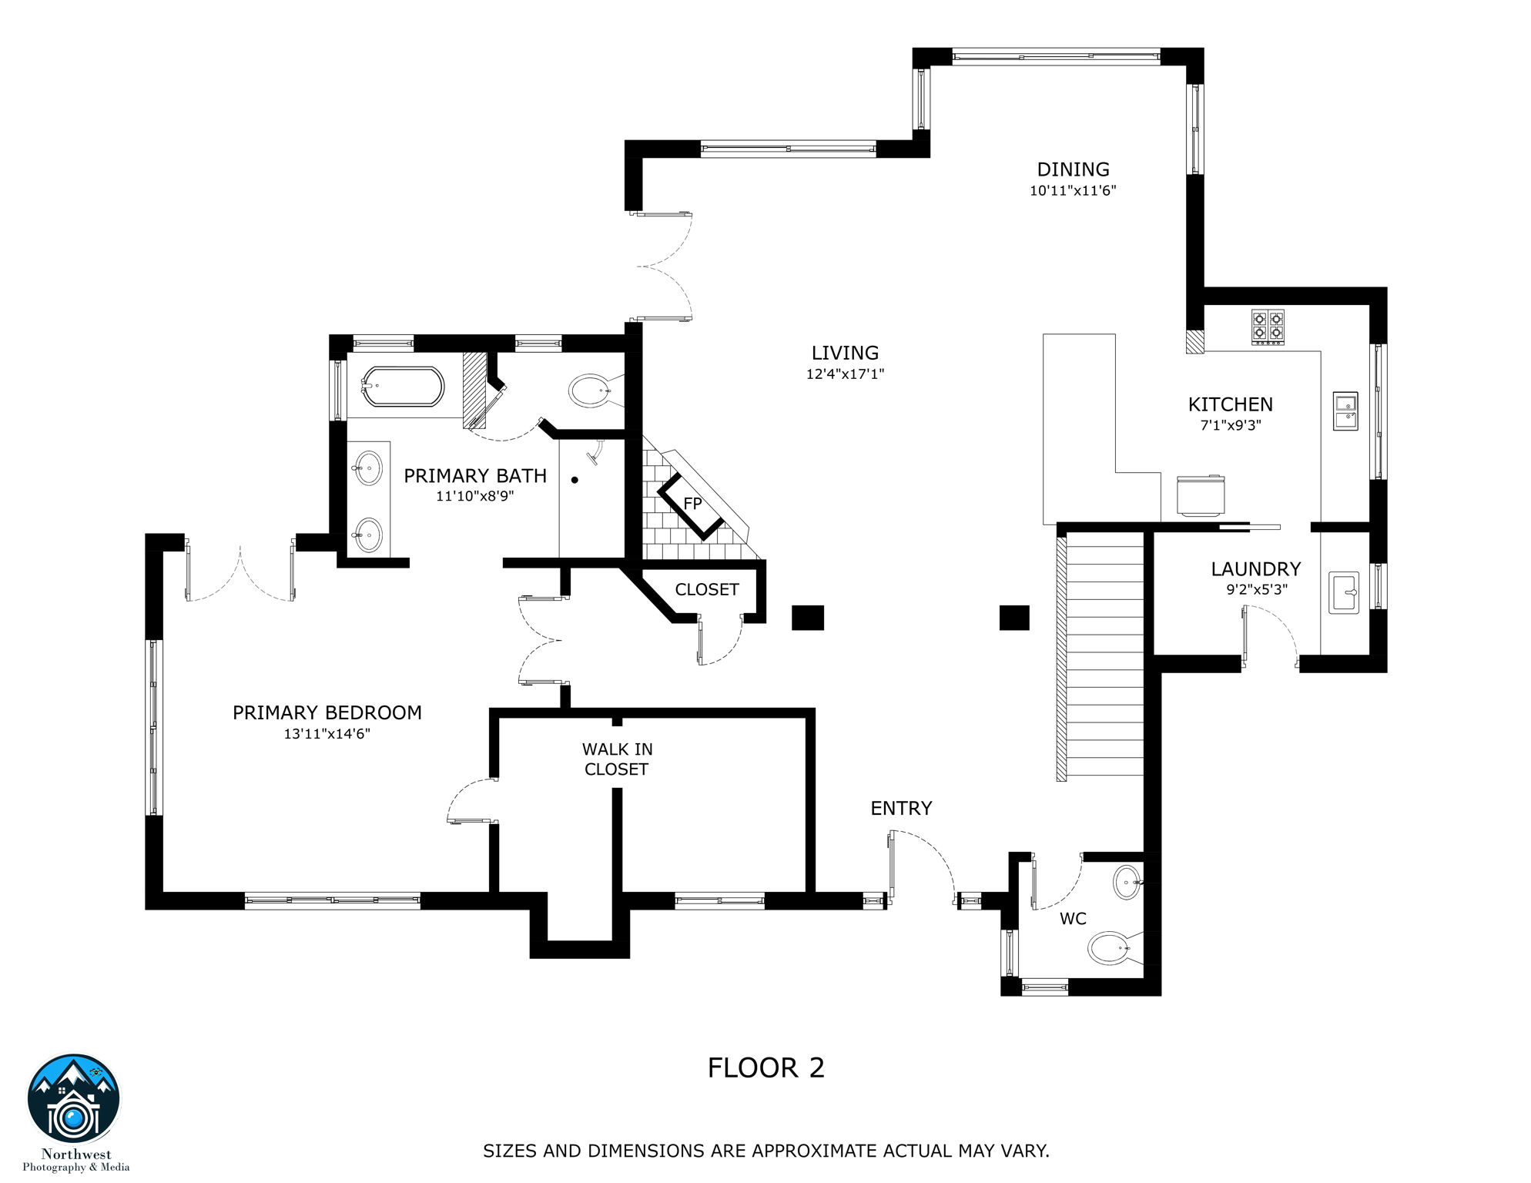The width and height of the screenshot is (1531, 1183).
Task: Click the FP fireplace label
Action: click(x=692, y=504)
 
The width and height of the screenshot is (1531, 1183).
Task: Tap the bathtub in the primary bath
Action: click(x=403, y=386)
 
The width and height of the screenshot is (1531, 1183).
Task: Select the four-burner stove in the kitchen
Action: click(x=1268, y=327)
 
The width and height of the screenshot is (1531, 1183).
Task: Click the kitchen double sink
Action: click(x=1345, y=411)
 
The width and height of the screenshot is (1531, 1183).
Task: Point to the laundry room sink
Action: click(x=1344, y=592)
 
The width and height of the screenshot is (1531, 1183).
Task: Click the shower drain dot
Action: click(x=575, y=480)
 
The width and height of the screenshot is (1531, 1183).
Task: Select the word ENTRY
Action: click(x=901, y=808)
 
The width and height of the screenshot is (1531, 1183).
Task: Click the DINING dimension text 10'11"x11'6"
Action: click(x=1073, y=190)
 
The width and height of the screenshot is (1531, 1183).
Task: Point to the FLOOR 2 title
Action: click(x=765, y=1067)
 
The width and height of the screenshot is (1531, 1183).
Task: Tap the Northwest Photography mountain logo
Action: click(x=74, y=1099)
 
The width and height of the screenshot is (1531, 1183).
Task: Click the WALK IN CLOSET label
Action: click(x=617, y=759)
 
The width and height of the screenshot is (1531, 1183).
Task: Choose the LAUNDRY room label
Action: click(x=1255, y=569)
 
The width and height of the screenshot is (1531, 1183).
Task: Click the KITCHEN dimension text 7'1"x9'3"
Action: click(x=1231, y=425)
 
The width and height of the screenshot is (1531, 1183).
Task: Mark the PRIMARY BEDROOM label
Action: click(x=327, y=712)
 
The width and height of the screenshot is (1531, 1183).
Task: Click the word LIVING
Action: click(x=845, y=353)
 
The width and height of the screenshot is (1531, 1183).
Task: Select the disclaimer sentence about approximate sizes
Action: click(x=765, y=1151)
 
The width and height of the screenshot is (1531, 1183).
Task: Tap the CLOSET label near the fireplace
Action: click(x=707, y=589)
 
